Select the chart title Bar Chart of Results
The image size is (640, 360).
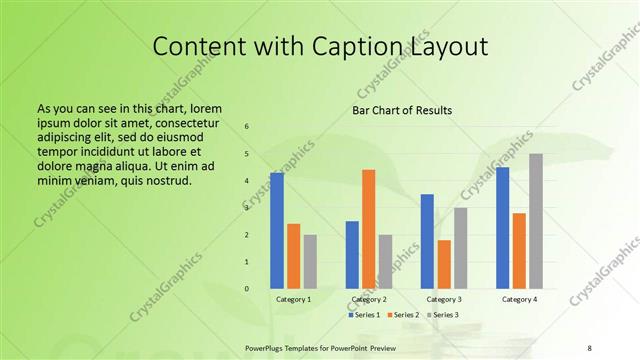[401, 110]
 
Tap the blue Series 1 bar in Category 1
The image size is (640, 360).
[277, 231]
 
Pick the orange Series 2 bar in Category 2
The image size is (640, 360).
[368, 229]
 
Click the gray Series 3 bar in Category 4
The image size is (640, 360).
[536, 221]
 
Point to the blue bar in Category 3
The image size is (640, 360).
[427, 241]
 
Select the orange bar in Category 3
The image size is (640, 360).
[444, 264]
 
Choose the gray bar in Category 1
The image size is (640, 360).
[310, 262]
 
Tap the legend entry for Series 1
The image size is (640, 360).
[365, 315]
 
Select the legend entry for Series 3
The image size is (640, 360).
[444, 315]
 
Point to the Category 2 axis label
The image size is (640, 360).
[369, 299]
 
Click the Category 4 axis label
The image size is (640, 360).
[519, 299]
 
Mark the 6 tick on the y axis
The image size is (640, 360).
[247, 127]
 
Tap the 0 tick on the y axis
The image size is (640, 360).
[247, 289]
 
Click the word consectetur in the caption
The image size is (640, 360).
[176, 120]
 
